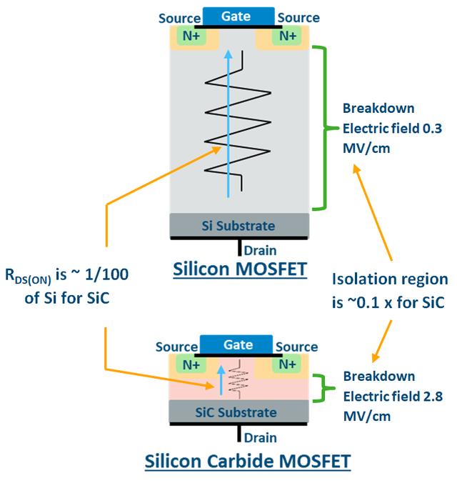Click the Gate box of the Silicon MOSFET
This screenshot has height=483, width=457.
pos(239,15)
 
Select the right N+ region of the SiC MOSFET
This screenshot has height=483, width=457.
pos(288,364)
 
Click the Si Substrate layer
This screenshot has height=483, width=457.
pos(238,226)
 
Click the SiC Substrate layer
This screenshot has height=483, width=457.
pos(238,412)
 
